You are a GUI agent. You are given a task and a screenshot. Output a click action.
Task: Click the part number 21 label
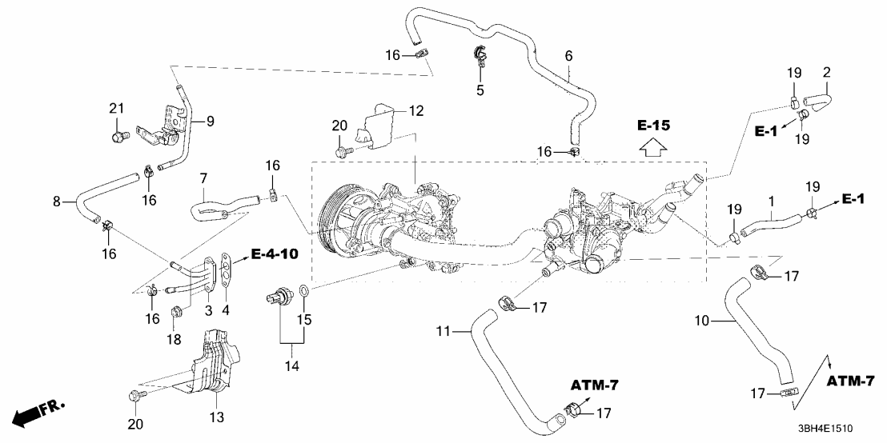pos(117,108)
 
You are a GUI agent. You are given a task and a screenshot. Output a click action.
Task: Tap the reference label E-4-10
pos(274,255)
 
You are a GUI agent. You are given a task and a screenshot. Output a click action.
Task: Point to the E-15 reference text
pos(654,126)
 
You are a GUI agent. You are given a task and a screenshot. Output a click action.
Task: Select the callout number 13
pos(218,417)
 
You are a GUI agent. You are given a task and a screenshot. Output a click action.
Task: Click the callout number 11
pos(445,330)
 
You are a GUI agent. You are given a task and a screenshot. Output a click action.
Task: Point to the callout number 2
pos(826,73)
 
